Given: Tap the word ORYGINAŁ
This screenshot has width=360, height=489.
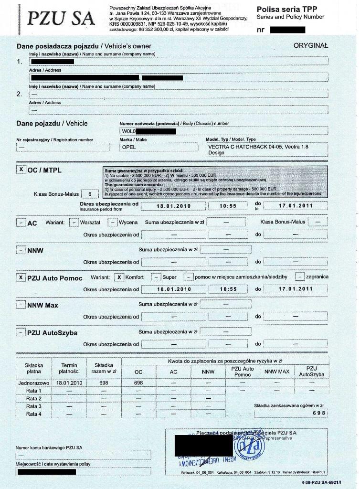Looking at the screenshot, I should [x=310, y=45].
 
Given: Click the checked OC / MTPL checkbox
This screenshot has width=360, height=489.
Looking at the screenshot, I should [x=21, y=170].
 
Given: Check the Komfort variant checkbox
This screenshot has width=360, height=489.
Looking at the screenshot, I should [x=119, y=277].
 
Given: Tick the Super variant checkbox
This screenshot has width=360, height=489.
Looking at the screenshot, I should [x=156, y=277].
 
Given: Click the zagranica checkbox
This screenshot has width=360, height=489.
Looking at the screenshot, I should [x=300, y=277].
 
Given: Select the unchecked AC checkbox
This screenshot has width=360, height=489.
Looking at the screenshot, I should [x=21, y=223].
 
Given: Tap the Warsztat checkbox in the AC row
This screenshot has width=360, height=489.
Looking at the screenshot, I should [x=74, y=223].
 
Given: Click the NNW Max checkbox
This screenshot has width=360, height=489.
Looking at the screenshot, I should [x=21, y=305].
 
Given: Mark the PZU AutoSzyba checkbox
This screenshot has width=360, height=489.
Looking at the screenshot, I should [x=21, y=332].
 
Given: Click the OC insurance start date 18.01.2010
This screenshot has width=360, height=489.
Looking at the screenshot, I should [x=174, y=206].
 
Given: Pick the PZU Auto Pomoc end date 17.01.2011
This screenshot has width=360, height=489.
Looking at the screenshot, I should [x=296, y=289].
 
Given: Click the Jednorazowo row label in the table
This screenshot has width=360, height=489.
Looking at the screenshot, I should [x=33, y=383].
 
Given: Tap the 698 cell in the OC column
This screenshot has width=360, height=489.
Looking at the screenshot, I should [x=138, y=383].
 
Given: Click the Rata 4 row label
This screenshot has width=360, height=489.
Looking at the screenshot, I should [x=33, y=414].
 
